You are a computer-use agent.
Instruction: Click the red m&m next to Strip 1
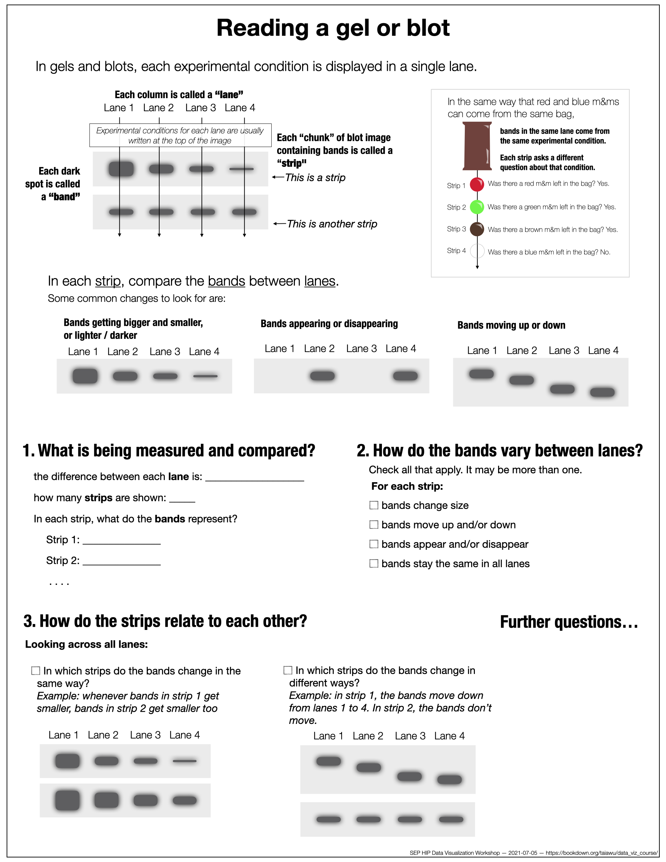click(x=477, y=184)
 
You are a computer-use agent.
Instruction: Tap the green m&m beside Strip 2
click(x=477, y=207)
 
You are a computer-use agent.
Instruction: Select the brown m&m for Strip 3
click(x=477, y=229)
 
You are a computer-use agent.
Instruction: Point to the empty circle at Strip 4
click(x=477, y=251)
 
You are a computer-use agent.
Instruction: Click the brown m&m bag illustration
click(x=477, y=146)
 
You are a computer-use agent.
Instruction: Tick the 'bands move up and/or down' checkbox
click(x=374, y=524)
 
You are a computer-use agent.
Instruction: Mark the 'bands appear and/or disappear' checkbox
click(x=374, y=544)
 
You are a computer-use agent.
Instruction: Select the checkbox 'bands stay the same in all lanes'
click(x=374, y=563)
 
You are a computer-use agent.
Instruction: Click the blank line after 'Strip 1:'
click(x=122, y=541)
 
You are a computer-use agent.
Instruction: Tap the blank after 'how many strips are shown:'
click(x=182, y=498)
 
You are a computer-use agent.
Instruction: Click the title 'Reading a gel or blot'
click(x=333, y=28)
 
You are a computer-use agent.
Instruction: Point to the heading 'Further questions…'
click(x=569, y=622)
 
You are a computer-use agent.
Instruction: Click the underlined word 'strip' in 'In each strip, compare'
click(x=108, y=281)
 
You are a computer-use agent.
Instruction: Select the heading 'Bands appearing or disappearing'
click(x=329, y=324)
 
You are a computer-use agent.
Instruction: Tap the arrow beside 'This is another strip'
click(x=279, y=224)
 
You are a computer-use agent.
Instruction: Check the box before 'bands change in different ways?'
click(x=288, y=670)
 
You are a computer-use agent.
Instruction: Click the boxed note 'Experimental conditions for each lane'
click(x=180, y=135)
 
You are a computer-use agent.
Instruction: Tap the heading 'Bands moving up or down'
click(x=511, y=325)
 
